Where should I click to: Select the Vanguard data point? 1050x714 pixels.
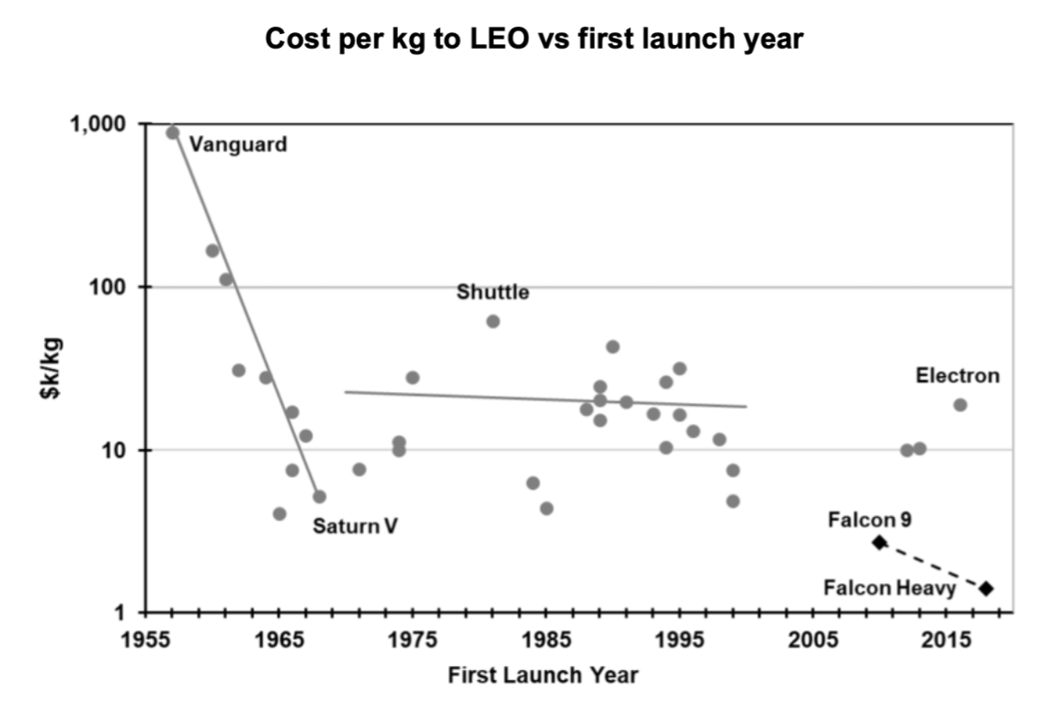[172, 132]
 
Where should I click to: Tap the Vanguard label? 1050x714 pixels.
[238, 144]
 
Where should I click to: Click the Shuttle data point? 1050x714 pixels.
[493, 321]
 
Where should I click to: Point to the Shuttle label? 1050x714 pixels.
[493, 293]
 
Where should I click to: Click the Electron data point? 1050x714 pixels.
[960, 405]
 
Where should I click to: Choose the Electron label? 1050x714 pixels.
[957, 375]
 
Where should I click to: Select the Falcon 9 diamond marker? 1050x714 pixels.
[879, 543]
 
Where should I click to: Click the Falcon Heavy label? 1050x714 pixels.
[890, 587]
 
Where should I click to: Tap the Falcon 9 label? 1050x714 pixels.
[869, 520]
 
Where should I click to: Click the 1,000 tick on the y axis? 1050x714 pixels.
[111, 123]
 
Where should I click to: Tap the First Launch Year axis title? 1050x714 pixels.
[542, 676]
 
